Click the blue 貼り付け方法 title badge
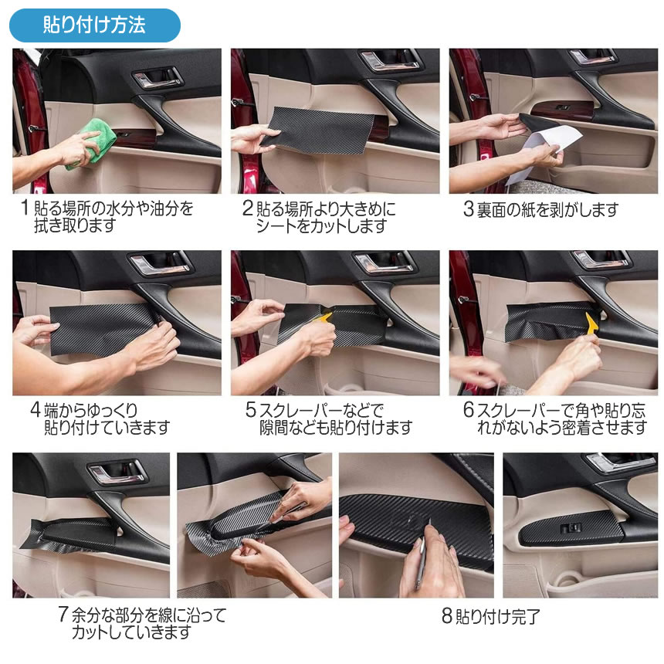[x=95, y=25]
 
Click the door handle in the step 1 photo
[x=158, y=77]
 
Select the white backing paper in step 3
[x=544, y=152]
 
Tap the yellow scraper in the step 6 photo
[x=591, y=322]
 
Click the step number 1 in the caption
[x=25, y=208]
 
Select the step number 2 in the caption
[x=248, y=208]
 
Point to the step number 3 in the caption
[x=469, y=208]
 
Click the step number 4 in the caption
[x=36, y=409]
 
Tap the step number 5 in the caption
[x=251, y=409]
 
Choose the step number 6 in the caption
[x=469, y=409]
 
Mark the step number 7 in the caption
[x=63, y=614]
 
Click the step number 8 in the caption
[x=447, y=615]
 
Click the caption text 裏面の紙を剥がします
[x=548, y=209]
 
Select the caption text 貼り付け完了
[x=498, y=617]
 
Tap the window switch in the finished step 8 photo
[x=571, y=527]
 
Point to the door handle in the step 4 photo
[x=160, y=263]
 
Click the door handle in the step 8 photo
[x=618, y=462]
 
